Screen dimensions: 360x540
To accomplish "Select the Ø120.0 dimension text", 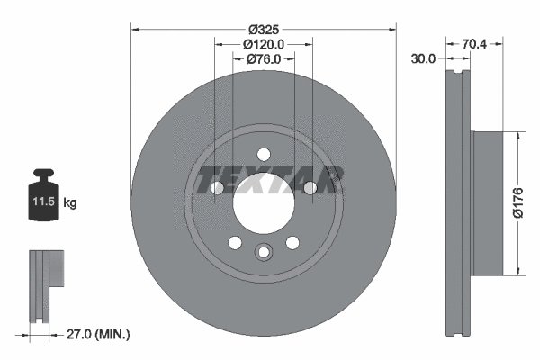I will [x=264, y=43].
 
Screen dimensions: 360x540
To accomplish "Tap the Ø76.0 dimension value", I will [x=264, y=59].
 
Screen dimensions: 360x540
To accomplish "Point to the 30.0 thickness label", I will [x=423, y=59].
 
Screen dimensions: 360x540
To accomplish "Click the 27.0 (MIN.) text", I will [x=100, y=334].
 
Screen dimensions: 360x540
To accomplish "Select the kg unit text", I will [x=70, y=203].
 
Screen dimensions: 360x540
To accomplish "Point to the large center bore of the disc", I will [x=264, y=202].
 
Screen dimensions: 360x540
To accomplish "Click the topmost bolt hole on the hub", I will [x=264, y=154].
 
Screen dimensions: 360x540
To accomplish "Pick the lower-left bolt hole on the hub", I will [x=235, y=243].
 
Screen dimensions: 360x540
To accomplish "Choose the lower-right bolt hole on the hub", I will [x=292, y=243].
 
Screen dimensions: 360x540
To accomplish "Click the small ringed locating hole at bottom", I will [x=264, y=253].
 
